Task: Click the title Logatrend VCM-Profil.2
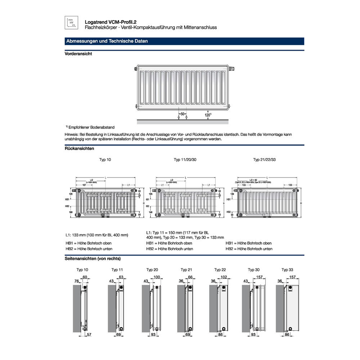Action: coord(107,22)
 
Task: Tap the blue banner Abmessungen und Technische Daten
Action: coord(107,41)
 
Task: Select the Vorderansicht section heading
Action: coord(78,54)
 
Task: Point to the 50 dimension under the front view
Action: coord(183,114)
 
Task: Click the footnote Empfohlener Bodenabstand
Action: coord(91,127)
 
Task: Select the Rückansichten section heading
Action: coord(79,148)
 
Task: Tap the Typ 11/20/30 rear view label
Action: coord(185,159)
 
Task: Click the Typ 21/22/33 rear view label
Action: coord(265,159)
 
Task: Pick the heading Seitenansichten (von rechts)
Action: coord(93,258)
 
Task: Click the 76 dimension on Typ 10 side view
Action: coord(77,281)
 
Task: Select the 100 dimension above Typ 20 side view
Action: coord(157,277)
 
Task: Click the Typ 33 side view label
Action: coord(287,270)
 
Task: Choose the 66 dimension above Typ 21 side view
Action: coord(191,277)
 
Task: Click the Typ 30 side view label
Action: coord(253,270)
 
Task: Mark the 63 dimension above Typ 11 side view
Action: coord(121,277)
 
